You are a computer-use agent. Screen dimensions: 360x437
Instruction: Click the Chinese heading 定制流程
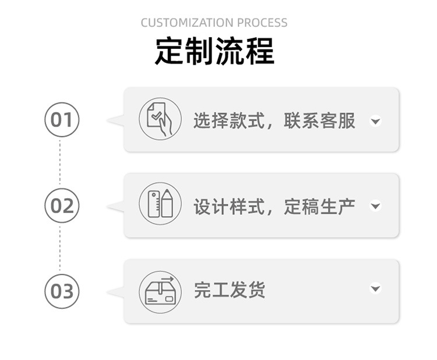pyautogui.click(x=214, y=51)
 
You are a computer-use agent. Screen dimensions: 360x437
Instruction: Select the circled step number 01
pyautogui.click(x=61, y=120)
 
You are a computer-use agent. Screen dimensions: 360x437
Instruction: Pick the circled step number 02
pyautogui.click(x=61, y=206)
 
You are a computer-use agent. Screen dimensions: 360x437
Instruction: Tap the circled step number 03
pyautogui.click(x=61, y=291)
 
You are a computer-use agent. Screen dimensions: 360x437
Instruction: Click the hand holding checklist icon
pyautogui.click(x=160, y=119)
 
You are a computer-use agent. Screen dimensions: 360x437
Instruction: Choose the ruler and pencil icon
pyautogui.click(x=160, y=204)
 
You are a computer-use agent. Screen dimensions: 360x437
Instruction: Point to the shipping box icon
pyautogui.click(x=160, y=291)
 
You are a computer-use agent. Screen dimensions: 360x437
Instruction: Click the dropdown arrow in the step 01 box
pyautogui.click(x=376, y=121)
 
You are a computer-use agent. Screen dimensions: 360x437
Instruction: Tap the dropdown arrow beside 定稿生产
pyautogui.click(x=376, y=206)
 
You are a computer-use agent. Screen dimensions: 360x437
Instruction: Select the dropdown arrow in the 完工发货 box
pyautogui.click(x=376, y=288)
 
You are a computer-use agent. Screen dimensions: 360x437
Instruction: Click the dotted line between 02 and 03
pyautogui.click(x=60, y=248)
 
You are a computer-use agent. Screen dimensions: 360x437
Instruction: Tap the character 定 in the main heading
pyautogui.click(x=170, y=51)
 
